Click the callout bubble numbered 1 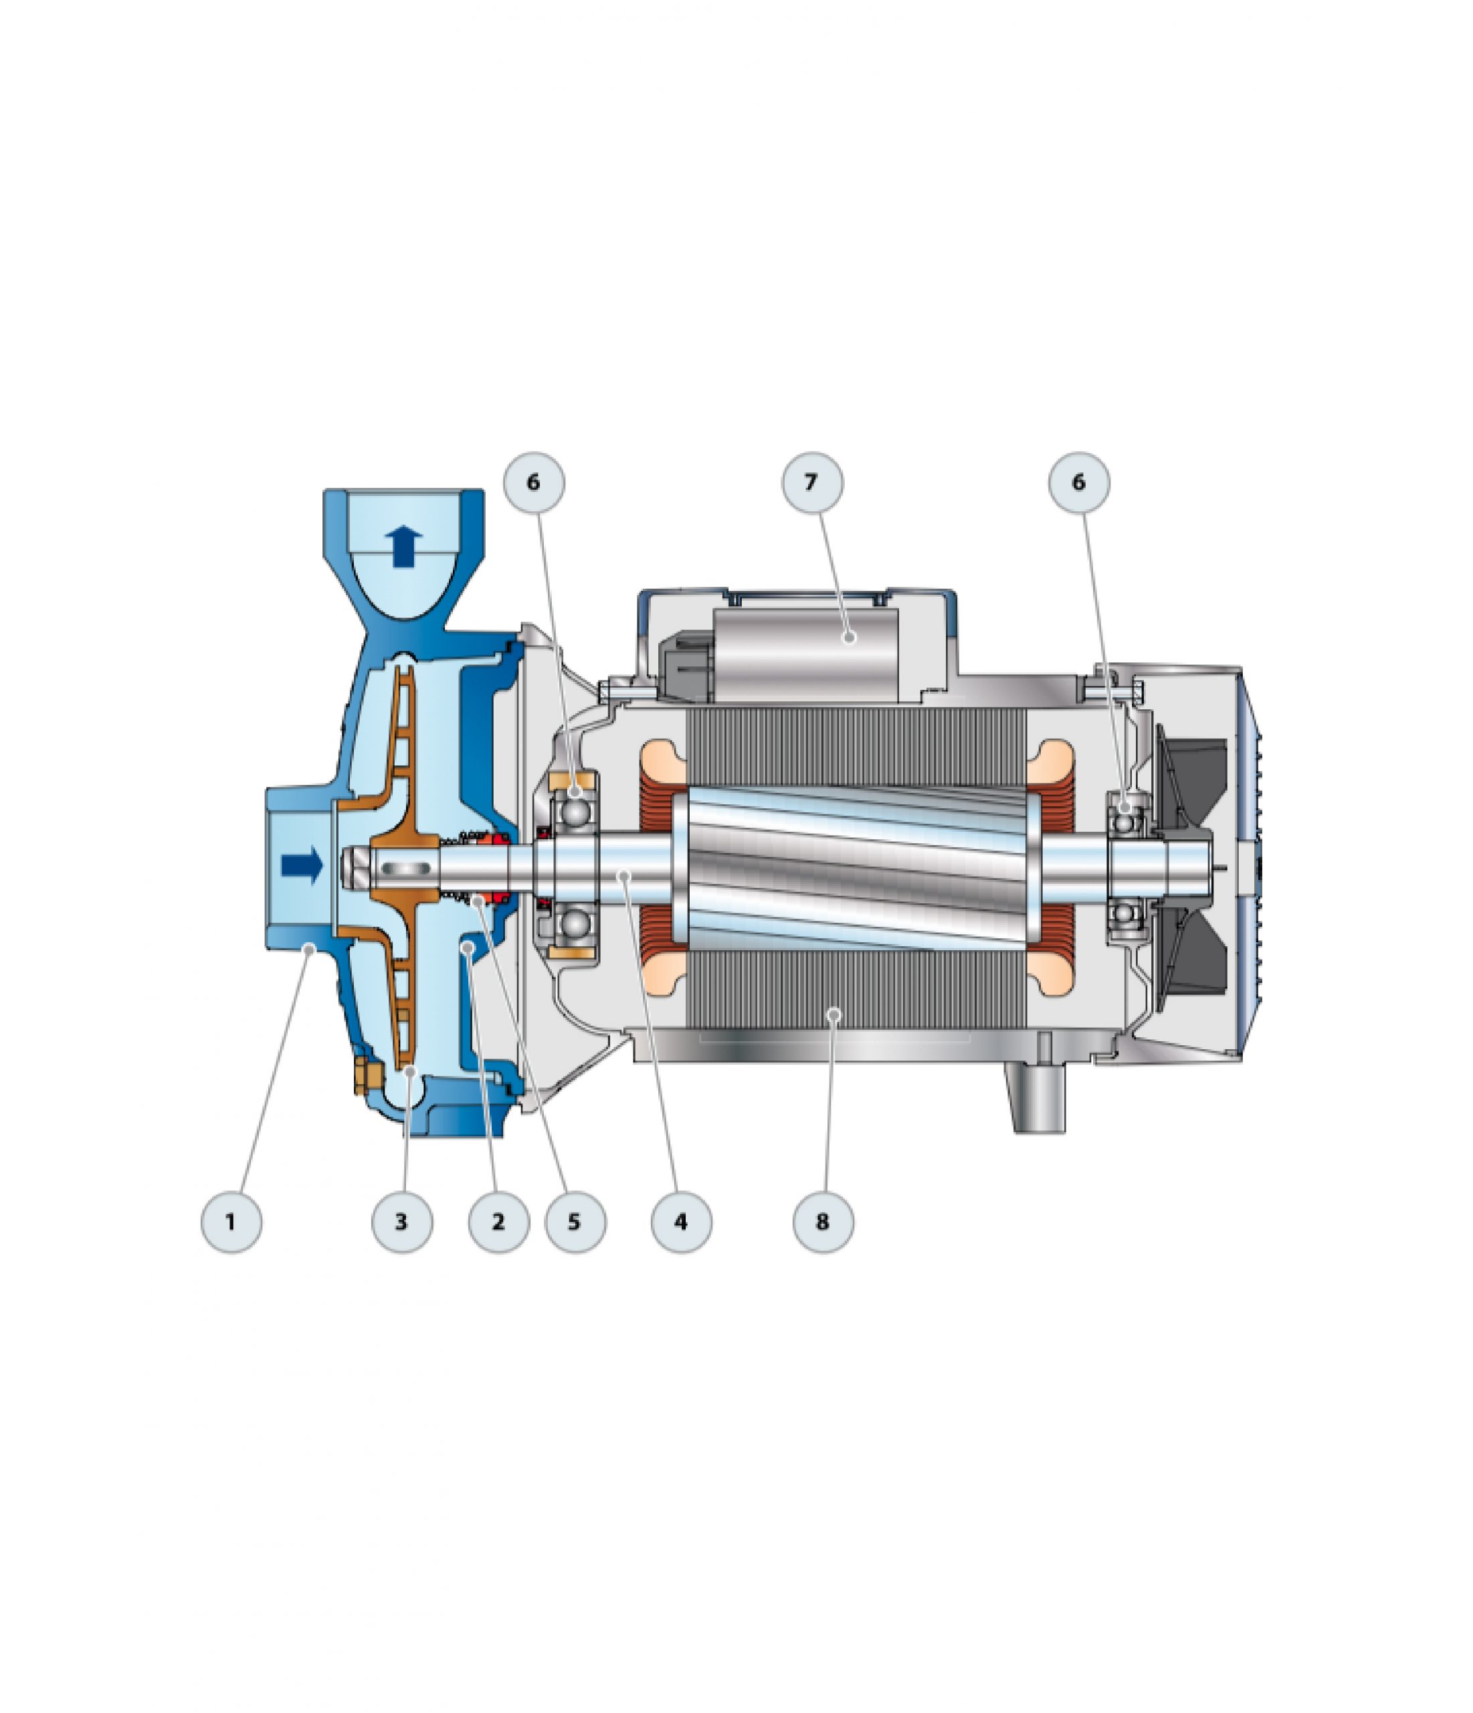tap(231, 1221)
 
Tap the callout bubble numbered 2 tap(498, 1221)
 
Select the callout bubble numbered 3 tap(402, 1221)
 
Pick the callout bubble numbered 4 tap(681, 1221)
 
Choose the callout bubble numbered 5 tap(575, 1221)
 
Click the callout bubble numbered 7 tap(811, 482)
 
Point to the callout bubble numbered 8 tap(823, 1221)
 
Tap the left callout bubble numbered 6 tap(534, 482)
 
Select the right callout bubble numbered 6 tap(1080, 482)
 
